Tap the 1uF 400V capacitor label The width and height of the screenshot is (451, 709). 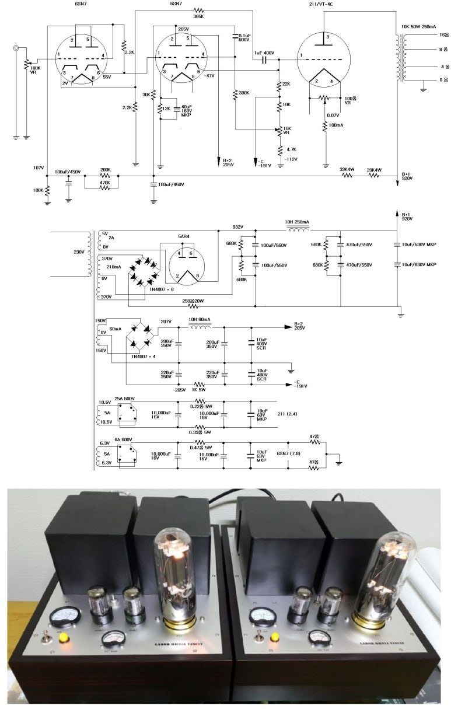pyautogui.click(x=264, y=53)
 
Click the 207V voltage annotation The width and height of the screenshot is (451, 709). pyautogui.click(x=166, y=322)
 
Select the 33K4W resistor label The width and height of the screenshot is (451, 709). pyautogui.click(x=347, y=169)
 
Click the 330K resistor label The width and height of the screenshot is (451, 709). pyautogui.click(x=244, y=92)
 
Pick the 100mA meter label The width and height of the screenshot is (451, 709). pyautogui.click(x=335, y=125)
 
